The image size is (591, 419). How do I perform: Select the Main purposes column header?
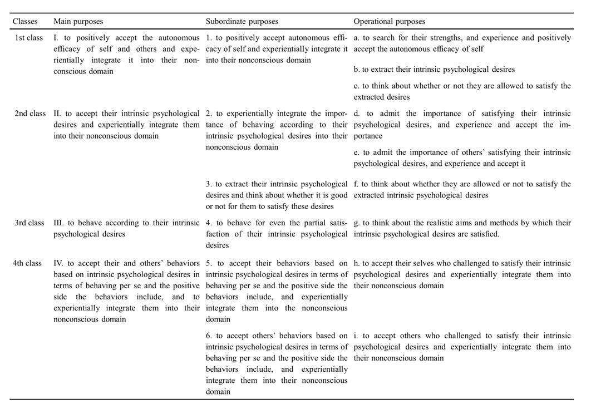pyautogui.click(x=78, y=22)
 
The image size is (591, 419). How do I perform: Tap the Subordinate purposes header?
pyautogui.click(x=242, y=22)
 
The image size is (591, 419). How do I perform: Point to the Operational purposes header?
pyautogui.click(x=389, y=22)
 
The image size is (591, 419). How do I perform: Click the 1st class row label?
pyautogui.click(x=28, y=38)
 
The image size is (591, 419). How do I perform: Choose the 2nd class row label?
pyautogui.click(x=30, y=114)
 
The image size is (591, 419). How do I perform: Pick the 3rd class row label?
pyautogui.click(x=29, y=223)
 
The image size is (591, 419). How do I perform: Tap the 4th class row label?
pyautogui.click(x=27, y=264)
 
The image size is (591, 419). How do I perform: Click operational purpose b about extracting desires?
pyautogui.click(x=434, y=70)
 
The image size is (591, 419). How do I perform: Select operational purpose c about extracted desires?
pyautogui.click(x=462, y=91)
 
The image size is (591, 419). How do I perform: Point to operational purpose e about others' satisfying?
pyautogui.click(x=462, y=159)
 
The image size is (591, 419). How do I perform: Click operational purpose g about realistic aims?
pyautogui.click(x=462, y=229)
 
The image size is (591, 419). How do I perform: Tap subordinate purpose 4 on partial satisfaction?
pyautogui.click(x=277, y=234)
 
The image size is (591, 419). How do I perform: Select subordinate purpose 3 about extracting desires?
pyautogui.click(x=277, y=195)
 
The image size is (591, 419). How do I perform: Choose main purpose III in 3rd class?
pyautogui.click(x=126, y=229)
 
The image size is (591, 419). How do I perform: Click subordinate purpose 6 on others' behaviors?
pyautogui.click(x=277, y=363)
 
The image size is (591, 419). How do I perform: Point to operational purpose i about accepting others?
pyautogui.click(x=462, y=347)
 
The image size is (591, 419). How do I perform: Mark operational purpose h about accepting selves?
pyautogui.click(x=462, y=274)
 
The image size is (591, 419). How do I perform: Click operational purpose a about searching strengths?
pyautogui.click(x=462, y=43)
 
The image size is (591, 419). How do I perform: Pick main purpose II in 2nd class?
pyautogui.click(x=126, y=125)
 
